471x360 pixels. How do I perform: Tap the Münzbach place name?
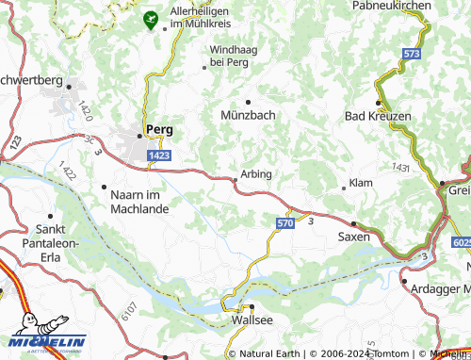click(x=249, y=115)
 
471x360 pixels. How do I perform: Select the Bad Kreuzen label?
click(x=378, y=115)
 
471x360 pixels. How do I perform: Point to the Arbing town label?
click(x=256, y=174)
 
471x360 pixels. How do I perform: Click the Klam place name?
click(x=361, y=181)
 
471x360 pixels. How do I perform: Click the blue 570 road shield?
click(x=285, y=222)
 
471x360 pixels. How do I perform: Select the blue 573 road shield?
click(x=411, y=55)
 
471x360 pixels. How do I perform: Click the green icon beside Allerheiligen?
click(x=150, y=18)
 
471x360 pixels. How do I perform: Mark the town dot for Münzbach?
click(x=248, y=101)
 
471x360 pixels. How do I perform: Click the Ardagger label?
click(x=438, y=281)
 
